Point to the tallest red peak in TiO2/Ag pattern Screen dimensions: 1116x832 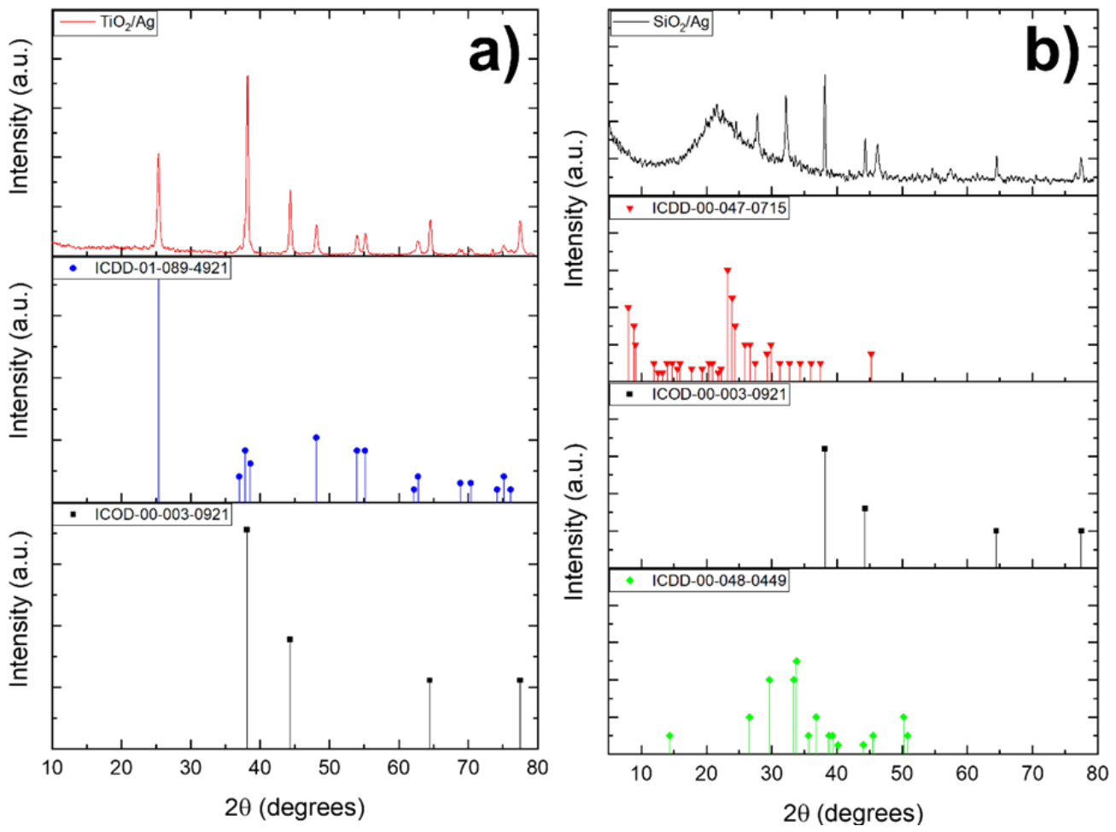click(247, 76)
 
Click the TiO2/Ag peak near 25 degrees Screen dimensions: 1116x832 click(158, 155)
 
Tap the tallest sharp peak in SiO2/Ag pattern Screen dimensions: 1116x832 click(825, 75)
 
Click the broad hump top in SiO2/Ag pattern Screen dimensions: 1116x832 click(717, 106)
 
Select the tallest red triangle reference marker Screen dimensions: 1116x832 click(727, 271)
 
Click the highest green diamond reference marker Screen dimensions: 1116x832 click(796, 661)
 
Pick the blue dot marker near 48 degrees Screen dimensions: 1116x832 click(316, 437)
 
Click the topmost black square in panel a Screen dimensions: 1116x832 click(247, 530)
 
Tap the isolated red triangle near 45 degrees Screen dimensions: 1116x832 click(871, 354)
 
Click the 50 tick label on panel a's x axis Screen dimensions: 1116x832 click(329, 767)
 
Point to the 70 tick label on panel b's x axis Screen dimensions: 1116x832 click(1032, 773)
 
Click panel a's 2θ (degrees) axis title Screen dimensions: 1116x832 click(295, 807)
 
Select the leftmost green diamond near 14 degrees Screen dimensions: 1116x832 click(669, 735)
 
